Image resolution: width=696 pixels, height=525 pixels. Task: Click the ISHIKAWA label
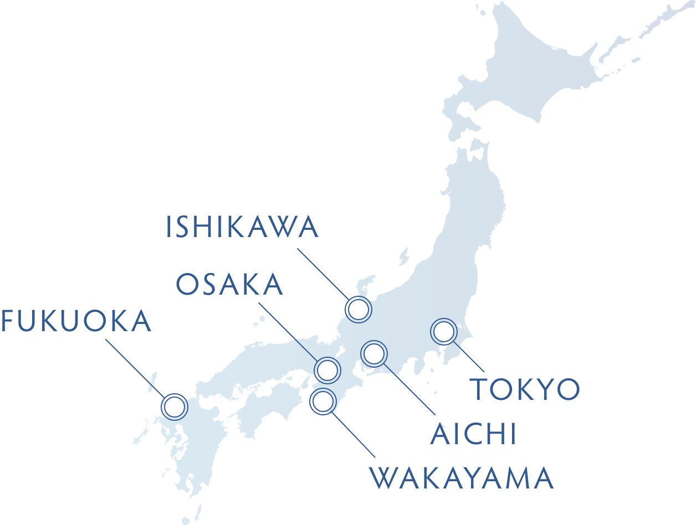click(x=242, y=228)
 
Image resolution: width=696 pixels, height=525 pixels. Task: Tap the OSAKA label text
click(x=229, y=285)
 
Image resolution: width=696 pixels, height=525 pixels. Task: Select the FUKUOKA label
click(x=76, y=322)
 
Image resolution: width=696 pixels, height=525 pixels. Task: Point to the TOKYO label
click(x=525, y=389)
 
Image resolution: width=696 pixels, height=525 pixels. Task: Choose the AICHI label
click(x=474, y=435)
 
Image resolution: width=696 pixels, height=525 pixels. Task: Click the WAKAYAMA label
click(x=462, y=478)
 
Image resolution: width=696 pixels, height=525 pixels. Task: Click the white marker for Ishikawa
click(x=359, y=310)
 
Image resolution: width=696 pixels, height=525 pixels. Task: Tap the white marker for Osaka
click(x=327, y=370)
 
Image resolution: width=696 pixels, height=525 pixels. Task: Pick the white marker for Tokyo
click(x=443, y=332)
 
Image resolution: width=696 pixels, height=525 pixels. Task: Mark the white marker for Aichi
click(x=374, y=353)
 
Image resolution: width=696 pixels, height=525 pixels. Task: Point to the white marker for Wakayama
click(x=323, y=400)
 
